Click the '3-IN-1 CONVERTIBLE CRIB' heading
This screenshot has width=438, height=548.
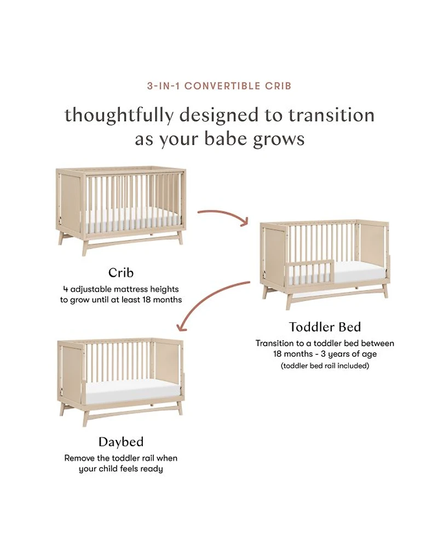pyautogui.click(x=219, y=86)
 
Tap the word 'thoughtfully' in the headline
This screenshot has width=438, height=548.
pyautogui.click(x=119, y=116)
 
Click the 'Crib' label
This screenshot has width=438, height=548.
pyautogui.click(x=121, y=272)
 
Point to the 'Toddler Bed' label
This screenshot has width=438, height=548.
pyautogui.click(x=325, y=327)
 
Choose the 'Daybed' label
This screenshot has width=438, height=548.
pyautogui.click(x=121, y=442)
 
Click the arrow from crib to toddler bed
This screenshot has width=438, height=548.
pyautogui.click(x=223, y=216)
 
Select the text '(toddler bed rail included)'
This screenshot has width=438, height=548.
pyautogui.click(x=325, y=366)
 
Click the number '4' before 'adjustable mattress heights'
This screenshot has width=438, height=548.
pyautogui.click(x=65, y=289)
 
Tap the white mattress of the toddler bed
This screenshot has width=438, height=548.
pyautogui.click(x=360, y=271)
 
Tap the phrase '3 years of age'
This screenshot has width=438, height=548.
pyautogui.click(x=349, y=354)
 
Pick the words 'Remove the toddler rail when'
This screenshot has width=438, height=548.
pyautogui.click(x=121, y=458)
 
